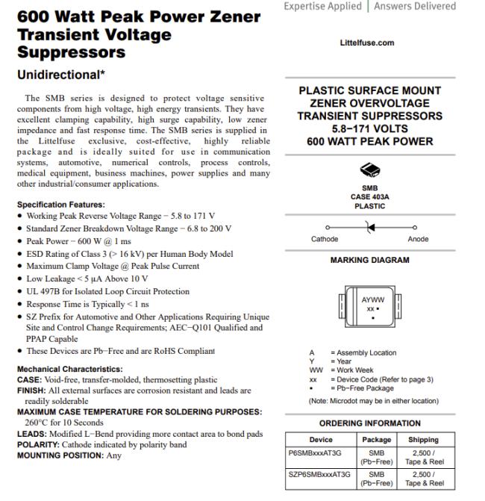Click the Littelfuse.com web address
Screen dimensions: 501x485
tap(366, 43)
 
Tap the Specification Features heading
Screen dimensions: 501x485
tap(61, 205)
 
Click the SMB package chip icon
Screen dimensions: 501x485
tap(369, 170)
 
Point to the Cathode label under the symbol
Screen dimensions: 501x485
tap(325, 239)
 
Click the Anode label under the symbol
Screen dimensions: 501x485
tap(418, 239)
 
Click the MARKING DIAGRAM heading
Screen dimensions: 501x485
tap(369, 261)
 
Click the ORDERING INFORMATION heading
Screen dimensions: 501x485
tap(369, 423)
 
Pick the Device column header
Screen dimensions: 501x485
tap(321, 440)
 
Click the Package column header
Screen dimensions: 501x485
tap(377, 440)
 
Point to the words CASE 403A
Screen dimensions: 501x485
tap(369, 197)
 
